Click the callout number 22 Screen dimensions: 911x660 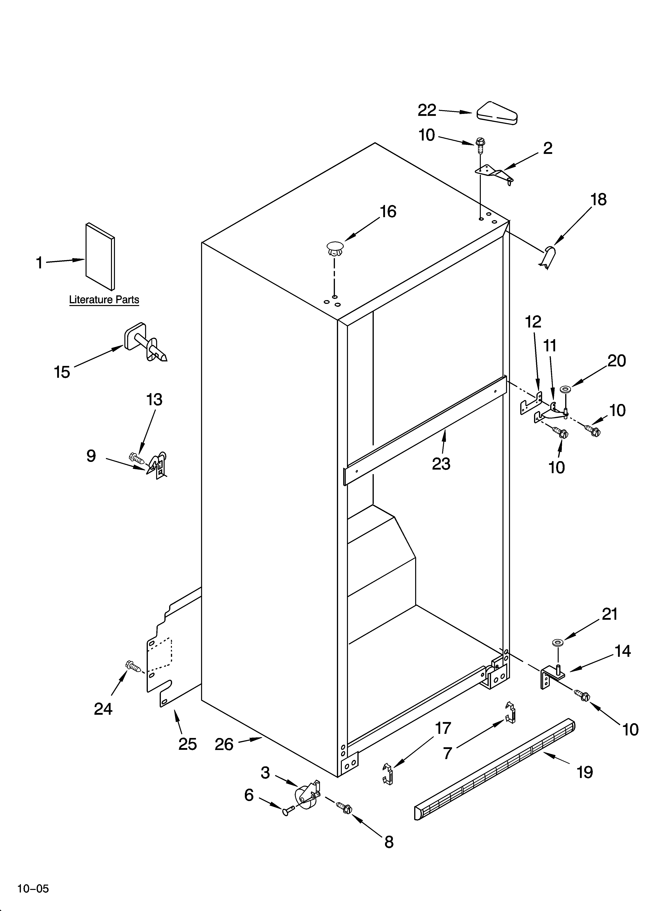[x=427, y=110]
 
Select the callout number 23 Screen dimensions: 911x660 [x=441, y=464]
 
